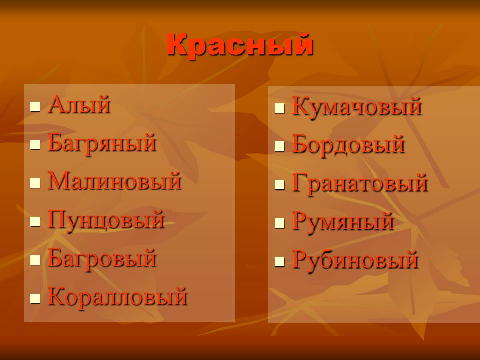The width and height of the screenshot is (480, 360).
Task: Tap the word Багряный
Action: click(102, 144)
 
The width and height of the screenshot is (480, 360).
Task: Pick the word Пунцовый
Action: click(106, 220)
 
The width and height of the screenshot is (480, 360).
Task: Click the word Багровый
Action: click(102, 259)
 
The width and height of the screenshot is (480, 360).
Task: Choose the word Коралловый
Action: click(118, 297)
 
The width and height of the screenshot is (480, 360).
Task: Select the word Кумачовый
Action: click(357, 107)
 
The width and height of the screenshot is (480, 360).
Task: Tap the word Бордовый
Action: click(349, 145)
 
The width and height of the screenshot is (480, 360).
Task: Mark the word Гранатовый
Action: click(360, 183)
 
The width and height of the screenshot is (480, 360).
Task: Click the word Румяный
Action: click(343, 222)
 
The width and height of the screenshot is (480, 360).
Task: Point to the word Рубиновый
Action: click(355, 260)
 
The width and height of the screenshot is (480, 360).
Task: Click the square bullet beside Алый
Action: click(35, 107)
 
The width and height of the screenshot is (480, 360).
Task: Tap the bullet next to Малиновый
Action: click(35, 183)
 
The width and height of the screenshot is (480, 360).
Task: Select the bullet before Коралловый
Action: click(35, 298)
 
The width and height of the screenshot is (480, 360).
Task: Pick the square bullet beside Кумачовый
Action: click(280, 109)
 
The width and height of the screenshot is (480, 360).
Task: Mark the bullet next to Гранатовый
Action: click(280, 185)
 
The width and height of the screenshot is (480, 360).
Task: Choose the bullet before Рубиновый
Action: click(280, 262)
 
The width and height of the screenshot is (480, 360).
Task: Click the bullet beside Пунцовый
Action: click(35, 222)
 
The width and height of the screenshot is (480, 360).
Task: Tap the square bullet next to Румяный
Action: click(280, 223)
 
